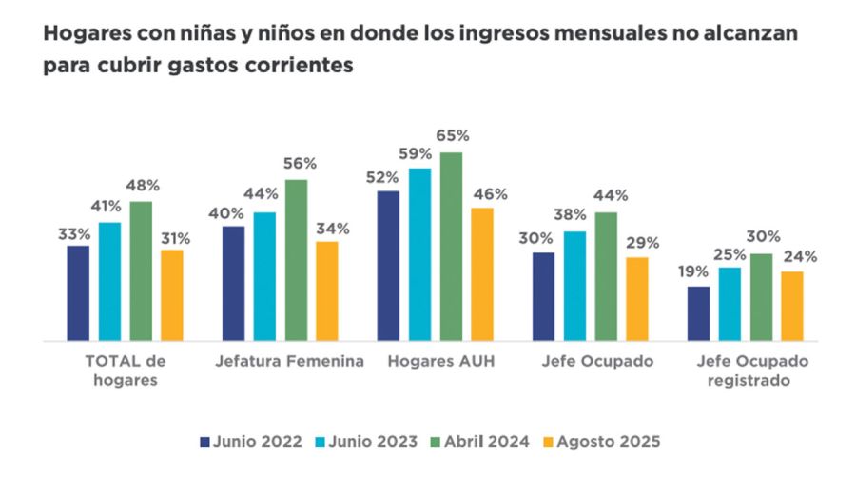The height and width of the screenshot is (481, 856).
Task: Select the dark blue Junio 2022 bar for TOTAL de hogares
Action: (x=78, y=292)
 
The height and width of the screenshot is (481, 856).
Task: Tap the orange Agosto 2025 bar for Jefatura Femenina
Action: (x=327, y=291)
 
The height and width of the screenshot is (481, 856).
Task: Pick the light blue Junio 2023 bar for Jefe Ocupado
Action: (x=574, y=286)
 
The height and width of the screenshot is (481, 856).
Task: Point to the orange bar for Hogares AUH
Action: (x=482, y=273)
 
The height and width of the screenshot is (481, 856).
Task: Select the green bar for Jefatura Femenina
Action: (x=296, y=259)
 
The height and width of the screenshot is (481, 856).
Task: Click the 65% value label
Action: (x=452, y=136)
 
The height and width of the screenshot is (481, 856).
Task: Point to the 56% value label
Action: (x=297, y=164)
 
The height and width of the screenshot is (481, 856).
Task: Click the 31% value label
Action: (x=173, y=237)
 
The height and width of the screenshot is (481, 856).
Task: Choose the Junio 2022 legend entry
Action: (x=251, y=441)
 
